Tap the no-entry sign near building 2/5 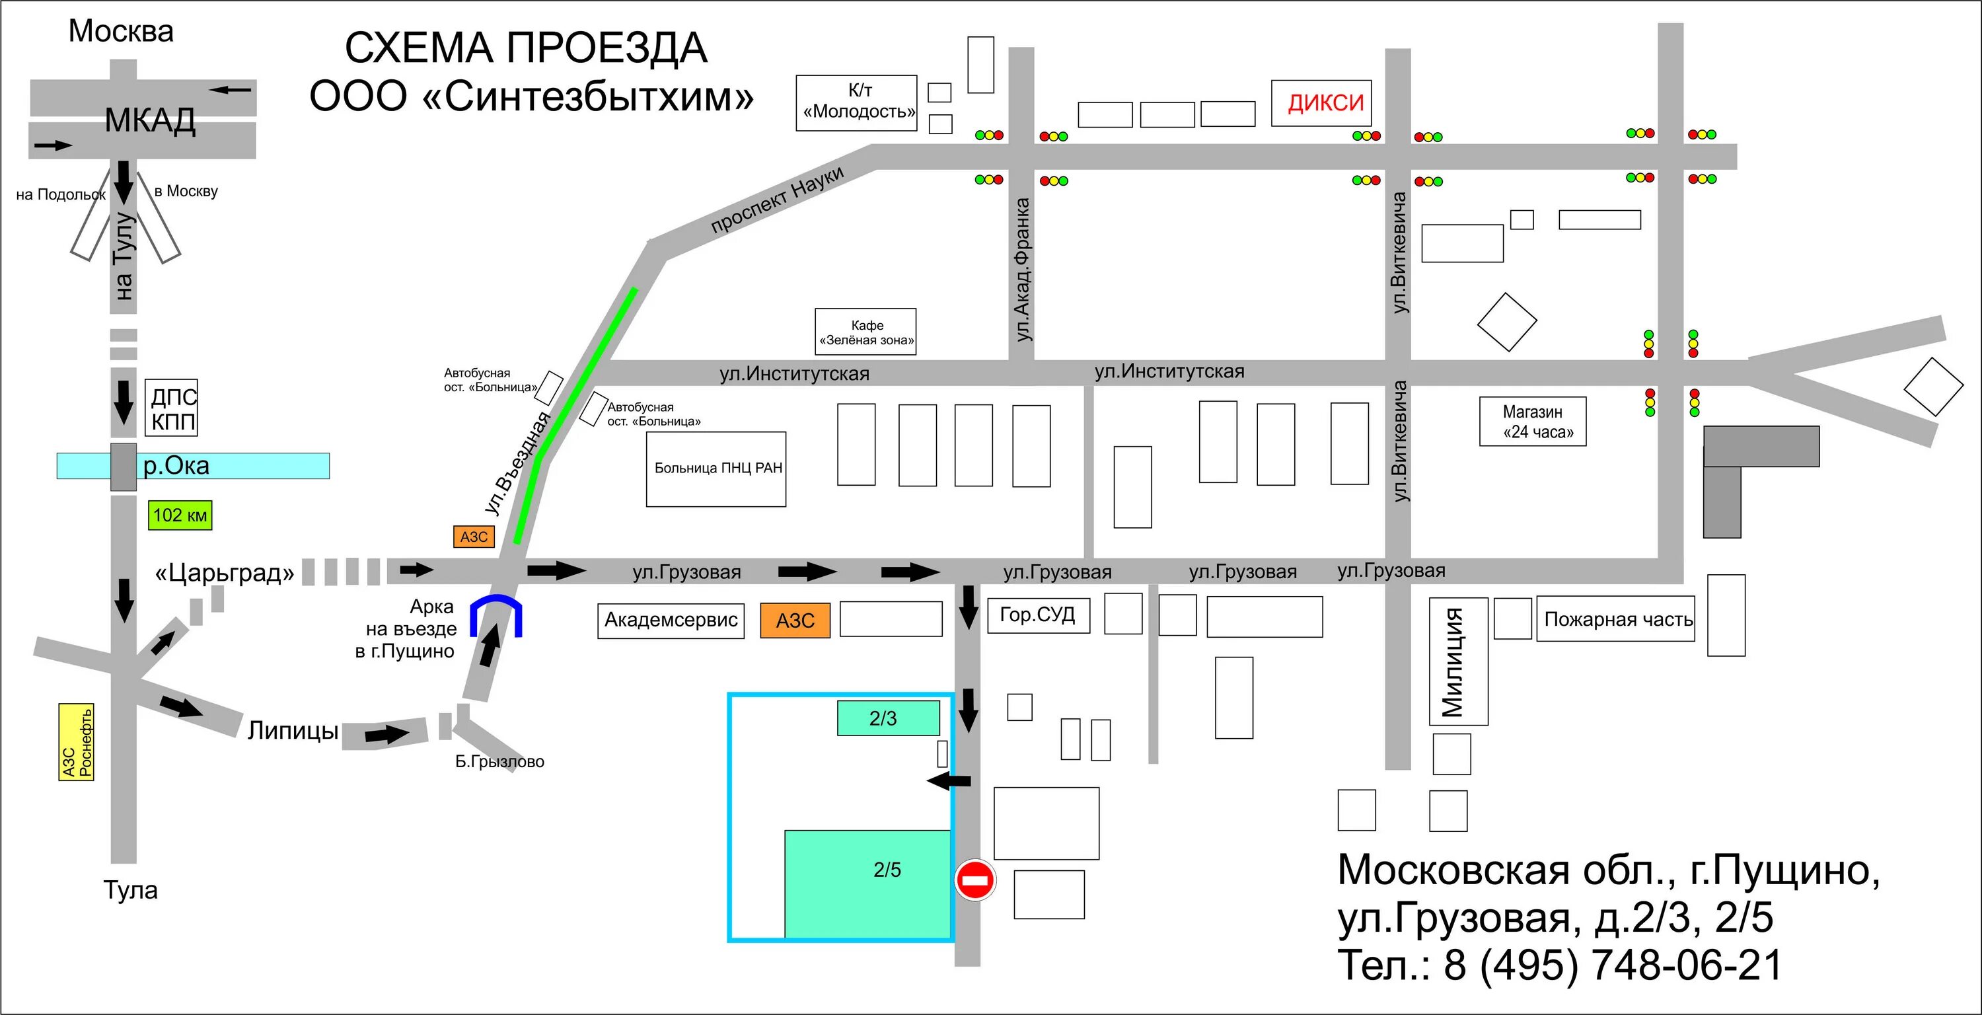(975, 880)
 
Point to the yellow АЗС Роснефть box (76, 742)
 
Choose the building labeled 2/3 (888, 718)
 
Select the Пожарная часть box (1616, 619)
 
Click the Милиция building (1457, 661)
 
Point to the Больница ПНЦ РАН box (716, 469)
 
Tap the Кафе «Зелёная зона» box (865, 332)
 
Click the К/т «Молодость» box (856, 103)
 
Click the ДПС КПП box (172, 408)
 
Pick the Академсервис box (671, 620)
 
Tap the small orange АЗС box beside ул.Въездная (474, 537)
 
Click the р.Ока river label (176, 467)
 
